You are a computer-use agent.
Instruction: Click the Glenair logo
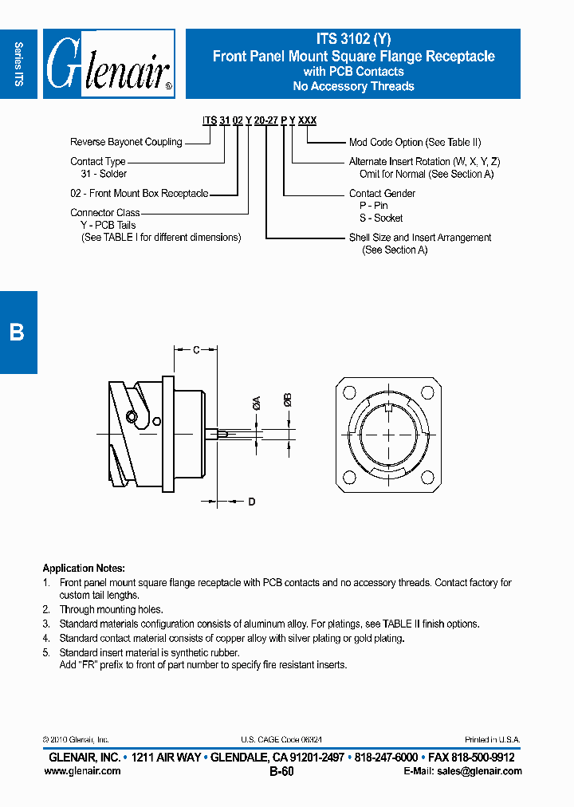click(x=108, y=64)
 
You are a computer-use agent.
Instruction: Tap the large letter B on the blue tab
click(x=17, y=332)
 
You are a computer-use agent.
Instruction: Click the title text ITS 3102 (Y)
click(x=352, y=39)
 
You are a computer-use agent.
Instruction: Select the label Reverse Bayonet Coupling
click(x=126, y=142)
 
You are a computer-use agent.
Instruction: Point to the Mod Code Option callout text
click(x=415, y=142)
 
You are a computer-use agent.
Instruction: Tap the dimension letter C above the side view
click(x=197, y=349)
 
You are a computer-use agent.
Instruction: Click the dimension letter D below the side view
click(x=251, y=502)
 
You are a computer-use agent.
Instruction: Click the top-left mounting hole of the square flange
click(x=348, y=392)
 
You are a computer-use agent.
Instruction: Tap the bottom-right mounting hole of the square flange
click(x=430, y=478)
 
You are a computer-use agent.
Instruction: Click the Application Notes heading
click(x=83, y=569)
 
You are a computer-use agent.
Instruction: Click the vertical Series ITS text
click(x=19, y=64)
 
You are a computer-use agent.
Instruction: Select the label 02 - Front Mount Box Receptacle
click(x=139, y=193)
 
